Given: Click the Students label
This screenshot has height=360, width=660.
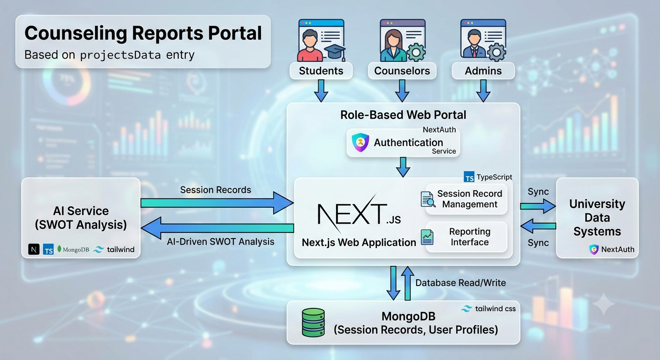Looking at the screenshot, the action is tap(321, 71).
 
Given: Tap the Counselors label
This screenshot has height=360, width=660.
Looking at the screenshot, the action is tap(402, 71).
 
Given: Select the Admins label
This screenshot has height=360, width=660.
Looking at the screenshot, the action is tap(483, 71).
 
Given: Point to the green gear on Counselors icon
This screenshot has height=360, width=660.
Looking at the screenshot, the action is tap(416, 52).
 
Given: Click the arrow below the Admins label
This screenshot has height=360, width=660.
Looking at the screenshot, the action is tap(483, 91).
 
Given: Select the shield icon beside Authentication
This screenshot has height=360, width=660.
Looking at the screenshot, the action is tap(360, 142).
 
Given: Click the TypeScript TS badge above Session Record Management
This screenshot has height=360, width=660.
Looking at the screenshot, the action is tap(469, 177).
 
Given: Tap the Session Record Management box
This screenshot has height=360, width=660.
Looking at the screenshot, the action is tap(466, 199).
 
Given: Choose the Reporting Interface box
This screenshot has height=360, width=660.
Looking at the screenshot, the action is tap(466, 237).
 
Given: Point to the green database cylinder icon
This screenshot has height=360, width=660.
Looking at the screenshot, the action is tap(313, 322).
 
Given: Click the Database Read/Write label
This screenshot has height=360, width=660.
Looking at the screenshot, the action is tap(460, 283).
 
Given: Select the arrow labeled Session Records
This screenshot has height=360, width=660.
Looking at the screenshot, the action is tap(217, 202).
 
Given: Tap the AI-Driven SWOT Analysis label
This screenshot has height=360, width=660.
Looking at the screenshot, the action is tap(220, 241).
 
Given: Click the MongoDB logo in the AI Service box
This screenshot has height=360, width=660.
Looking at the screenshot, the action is tap(73, 249).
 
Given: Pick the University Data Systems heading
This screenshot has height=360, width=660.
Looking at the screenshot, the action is tap(597, 217).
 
